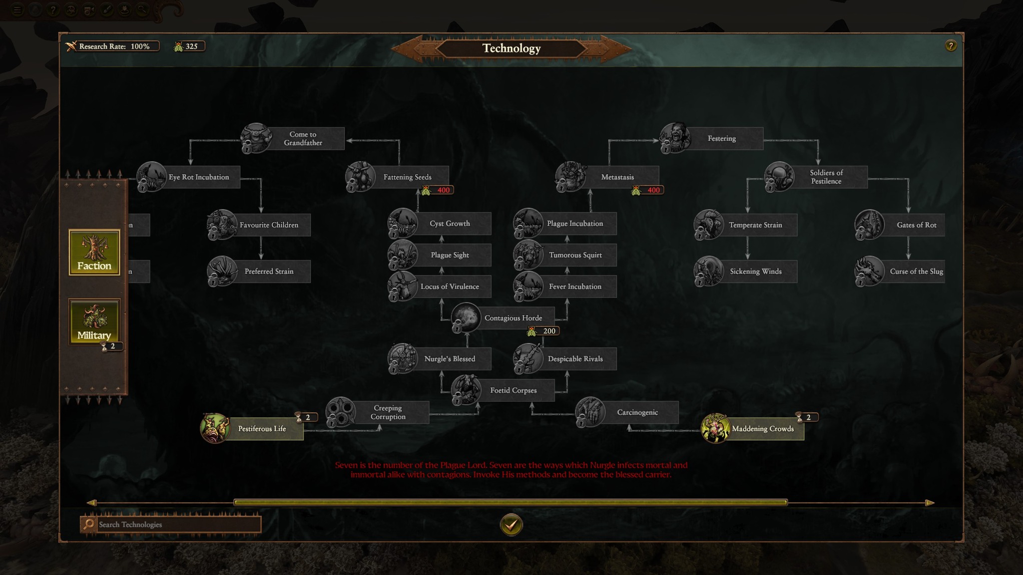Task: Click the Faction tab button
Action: [x=94, y=252]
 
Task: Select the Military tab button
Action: [x=94, y=321]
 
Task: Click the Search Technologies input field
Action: [x=177, y=524]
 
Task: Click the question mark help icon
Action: [x=951, y=46]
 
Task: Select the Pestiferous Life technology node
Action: [x=252, y=429]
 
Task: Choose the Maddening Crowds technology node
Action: [x=753, y=429]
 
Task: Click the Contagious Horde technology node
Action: [x=503, y=318]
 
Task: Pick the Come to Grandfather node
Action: [x=293, y=138]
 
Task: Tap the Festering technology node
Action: [x=712, y=138]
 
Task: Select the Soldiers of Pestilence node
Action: [x=817, y=177]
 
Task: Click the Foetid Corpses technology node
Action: [x=503, y=390]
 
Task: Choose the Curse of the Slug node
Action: [x=900, y=272]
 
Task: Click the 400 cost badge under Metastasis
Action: [x=648, y=190]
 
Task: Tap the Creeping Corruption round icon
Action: [x=341, y=412]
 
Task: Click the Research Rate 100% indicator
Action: [x=113, y=46]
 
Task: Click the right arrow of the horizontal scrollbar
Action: [x=930, y=503]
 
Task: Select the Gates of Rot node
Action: [x=900, y=225]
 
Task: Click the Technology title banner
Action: [x=511, y=48]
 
